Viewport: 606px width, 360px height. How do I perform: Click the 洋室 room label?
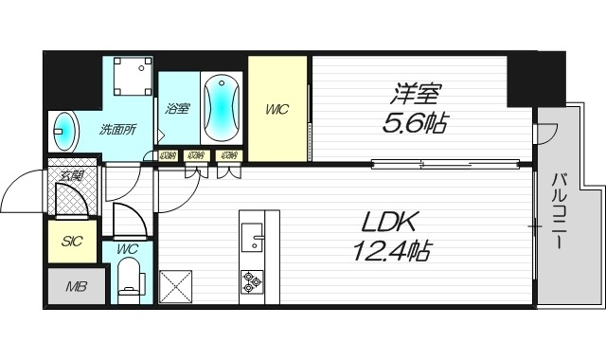[x=418, y=96]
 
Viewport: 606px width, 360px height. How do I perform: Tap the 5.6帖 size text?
[x=418, y=123]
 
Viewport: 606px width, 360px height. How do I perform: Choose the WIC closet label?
[x=276, y=110]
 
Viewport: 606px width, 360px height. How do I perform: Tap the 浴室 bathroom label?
[x=177, y=109]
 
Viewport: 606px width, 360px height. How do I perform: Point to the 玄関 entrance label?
[x=72, y=175]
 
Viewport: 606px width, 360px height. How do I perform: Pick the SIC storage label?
[x=72, y=242]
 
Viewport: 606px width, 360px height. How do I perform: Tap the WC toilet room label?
[x=127, y=249]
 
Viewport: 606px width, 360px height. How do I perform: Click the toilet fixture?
[x=129, y=280]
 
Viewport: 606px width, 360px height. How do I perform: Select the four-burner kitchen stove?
[x=252, y=281]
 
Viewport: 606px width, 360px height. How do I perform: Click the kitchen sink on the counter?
[x=252, y=237]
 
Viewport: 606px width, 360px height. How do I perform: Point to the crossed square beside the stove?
[x=177, y=285]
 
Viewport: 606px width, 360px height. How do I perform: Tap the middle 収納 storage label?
[x=195, y=155]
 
